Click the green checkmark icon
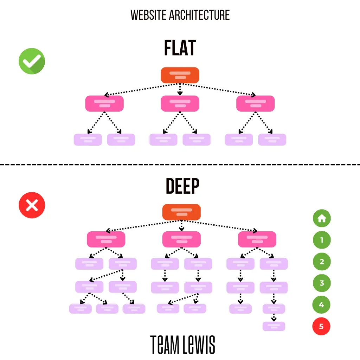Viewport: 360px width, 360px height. (x=32, y=61)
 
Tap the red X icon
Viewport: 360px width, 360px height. (x=32, y=205)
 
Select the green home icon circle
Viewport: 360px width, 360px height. (x=322, y=219)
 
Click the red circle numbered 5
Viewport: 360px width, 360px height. (x=322, y=326)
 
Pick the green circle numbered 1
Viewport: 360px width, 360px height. (x=322, y=240)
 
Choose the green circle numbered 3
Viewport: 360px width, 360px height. (x=322, y=283)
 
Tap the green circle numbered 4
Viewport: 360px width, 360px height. (x=322, y=305)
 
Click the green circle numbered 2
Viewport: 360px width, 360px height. (x=322, y=262)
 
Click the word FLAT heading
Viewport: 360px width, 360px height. (x=180, y=49)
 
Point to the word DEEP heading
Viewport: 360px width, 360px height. (x=182, y=187)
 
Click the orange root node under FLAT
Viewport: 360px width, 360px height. (x=180, y=75)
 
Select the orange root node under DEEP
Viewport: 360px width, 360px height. (x=181, y=212)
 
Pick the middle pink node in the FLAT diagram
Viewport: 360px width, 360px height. (x=180, y=104)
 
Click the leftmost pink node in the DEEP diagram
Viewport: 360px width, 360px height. (x=106, y=239)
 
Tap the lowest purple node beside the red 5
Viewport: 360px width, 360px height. (x=274, y=326)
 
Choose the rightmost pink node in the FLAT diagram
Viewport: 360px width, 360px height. (x=255, y=104)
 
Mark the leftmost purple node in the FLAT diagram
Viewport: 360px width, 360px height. (x=88, y=140)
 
